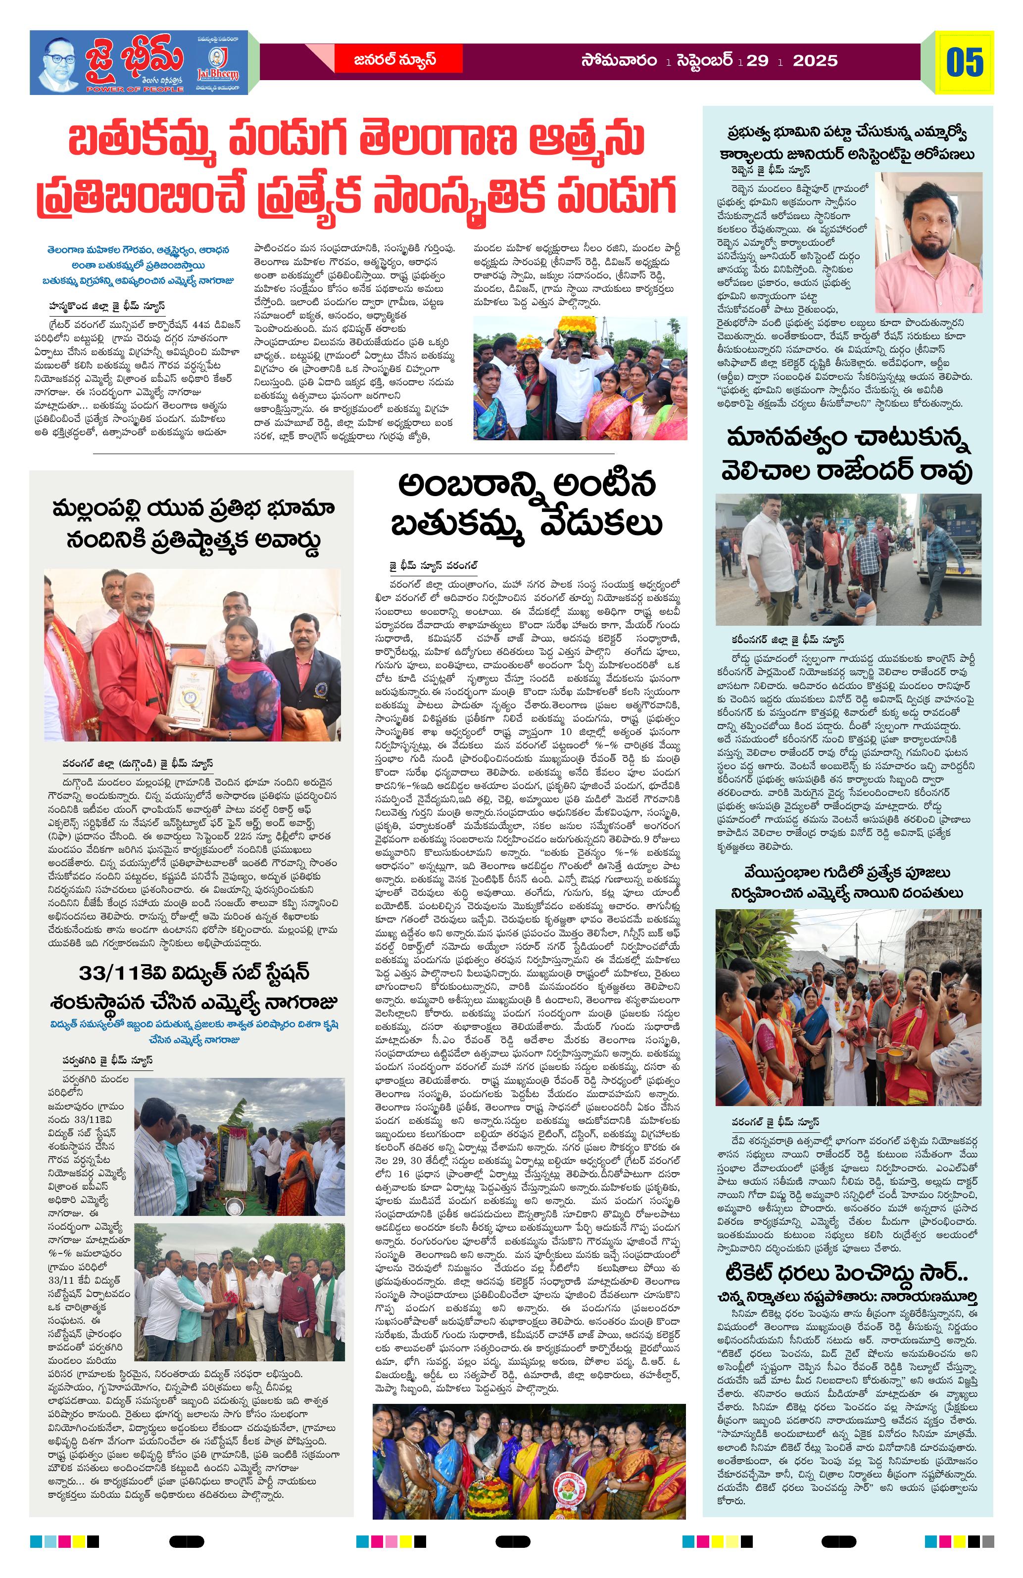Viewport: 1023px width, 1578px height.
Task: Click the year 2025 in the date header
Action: coord(815,61)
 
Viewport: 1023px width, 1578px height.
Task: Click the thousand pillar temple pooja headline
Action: coord(848,882)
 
